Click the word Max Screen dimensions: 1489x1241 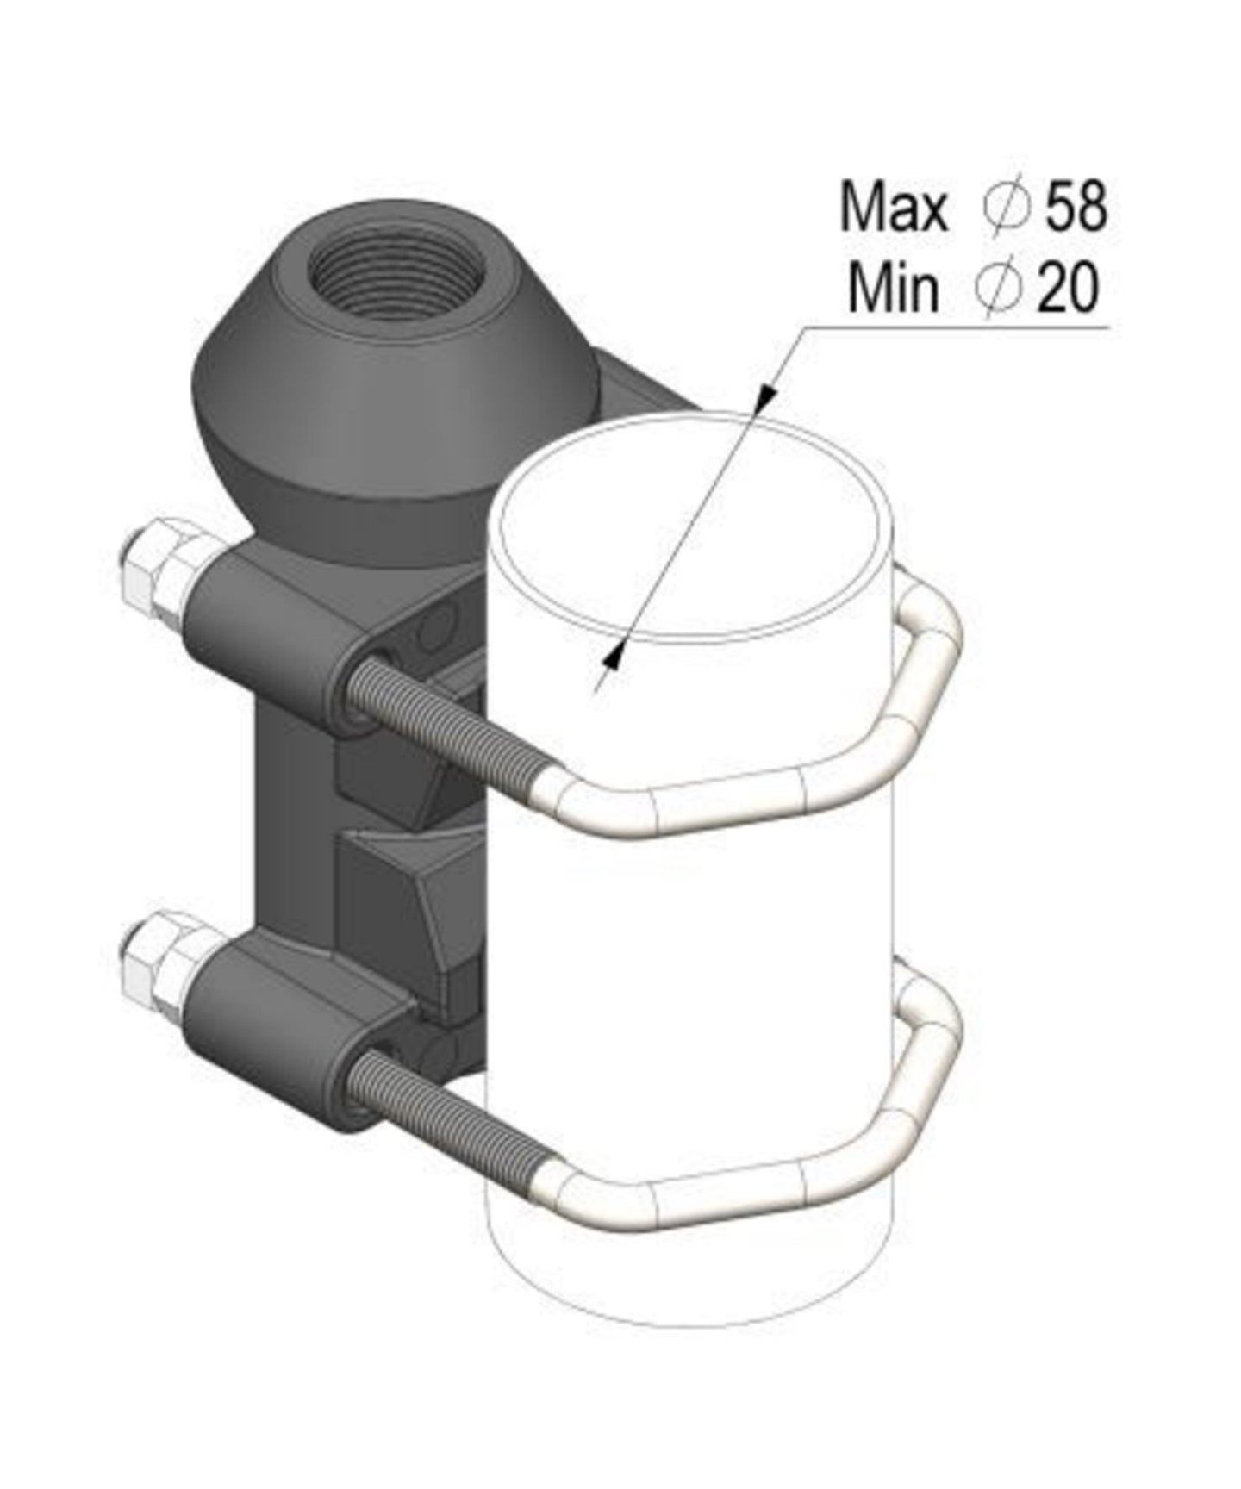tap(893, 208)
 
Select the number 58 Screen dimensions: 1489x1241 tap(1076, 208)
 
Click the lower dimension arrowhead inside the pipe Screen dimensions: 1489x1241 tap(614, 659)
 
